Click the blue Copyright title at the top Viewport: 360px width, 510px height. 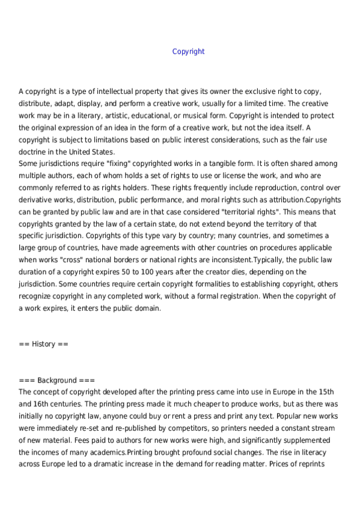coord(188,52)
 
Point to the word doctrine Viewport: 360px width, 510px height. coord(34,152)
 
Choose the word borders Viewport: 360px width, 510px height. coord(138,260)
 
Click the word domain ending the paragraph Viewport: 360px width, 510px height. coord(148,308)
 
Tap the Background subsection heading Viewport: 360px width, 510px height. coord(56,380)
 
